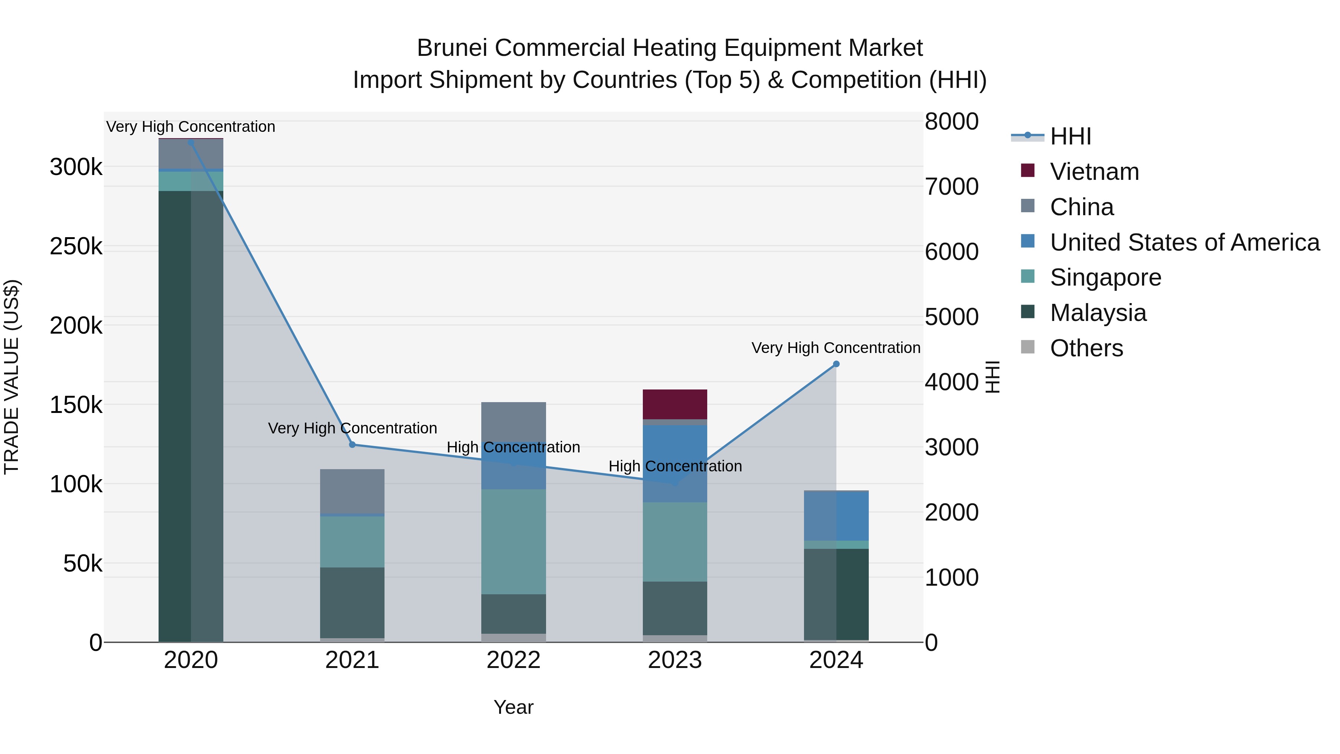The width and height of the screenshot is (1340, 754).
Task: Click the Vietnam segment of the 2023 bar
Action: [x=675, y=404]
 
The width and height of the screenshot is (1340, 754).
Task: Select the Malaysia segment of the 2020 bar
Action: [x=190, y=416]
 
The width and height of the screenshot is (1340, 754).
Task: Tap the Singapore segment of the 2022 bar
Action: [x=513, y=541]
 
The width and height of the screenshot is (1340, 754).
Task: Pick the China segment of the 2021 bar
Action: [x=352, y=491]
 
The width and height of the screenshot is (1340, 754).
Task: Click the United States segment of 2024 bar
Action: [x=836, y=516]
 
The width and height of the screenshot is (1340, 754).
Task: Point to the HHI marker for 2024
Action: [x=836, y=364]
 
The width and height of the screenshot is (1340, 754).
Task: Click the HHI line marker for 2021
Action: [x=352, y=444]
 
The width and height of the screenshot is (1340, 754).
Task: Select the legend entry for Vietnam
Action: [x=1094, y=172]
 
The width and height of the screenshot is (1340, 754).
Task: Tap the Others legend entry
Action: [x=1086, y=348]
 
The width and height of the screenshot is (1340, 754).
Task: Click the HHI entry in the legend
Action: [x=1070, y=136]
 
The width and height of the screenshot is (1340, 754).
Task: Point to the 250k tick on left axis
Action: [x=76, y=246]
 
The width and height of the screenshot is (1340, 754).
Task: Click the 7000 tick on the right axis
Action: [x=951, y=187]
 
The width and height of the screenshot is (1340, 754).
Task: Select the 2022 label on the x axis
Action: [x=513, y=660]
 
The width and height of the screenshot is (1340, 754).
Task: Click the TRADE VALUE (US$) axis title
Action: [x=12, y=377]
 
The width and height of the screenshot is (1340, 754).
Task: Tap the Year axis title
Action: [x=513, y=707]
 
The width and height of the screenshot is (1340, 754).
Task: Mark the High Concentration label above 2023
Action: [x=675, y=466]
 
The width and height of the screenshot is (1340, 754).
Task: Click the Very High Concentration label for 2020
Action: [x=190, y=127]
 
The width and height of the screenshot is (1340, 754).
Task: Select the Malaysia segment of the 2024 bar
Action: [x=836, y=593]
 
